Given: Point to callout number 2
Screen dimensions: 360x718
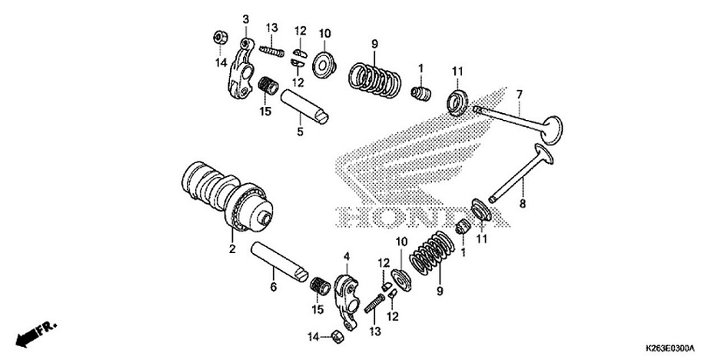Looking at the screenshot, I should (231, 250).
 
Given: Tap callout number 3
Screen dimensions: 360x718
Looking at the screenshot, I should (246, 18).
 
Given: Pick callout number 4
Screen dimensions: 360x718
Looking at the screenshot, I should (347, 256).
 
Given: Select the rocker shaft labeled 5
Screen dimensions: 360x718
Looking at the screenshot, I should (307, 106).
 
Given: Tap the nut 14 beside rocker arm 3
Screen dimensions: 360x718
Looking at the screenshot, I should (218, 36).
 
